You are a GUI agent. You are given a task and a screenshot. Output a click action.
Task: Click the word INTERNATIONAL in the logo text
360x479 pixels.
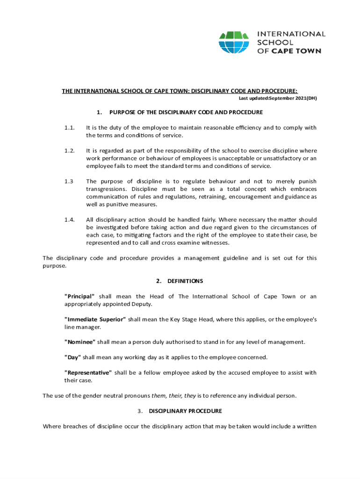291,34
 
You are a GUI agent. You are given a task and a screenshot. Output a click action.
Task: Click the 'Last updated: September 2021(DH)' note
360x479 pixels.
278,98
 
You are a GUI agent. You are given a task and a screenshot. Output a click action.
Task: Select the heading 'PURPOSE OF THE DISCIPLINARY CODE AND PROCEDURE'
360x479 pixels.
186,112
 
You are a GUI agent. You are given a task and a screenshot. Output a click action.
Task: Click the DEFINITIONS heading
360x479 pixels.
185,281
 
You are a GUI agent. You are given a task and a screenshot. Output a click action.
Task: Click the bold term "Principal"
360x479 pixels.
79,297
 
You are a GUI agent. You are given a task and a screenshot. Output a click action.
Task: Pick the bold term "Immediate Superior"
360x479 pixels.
95,319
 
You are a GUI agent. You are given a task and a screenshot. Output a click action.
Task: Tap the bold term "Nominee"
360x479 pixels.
79,342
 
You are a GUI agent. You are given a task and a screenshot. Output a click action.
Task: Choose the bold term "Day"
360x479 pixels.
72,357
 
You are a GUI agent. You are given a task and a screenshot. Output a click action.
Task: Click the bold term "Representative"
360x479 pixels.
88,373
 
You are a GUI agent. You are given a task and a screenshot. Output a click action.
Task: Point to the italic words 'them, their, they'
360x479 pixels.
173,396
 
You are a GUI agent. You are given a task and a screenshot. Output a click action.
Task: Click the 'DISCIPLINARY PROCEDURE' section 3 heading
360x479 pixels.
185,411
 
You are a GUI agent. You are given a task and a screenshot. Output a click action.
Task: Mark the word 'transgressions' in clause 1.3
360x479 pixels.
106,189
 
